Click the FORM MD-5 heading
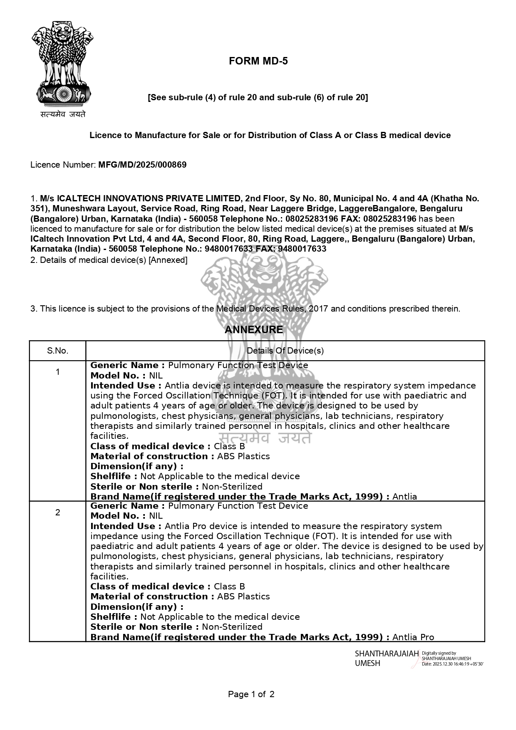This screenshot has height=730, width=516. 258,61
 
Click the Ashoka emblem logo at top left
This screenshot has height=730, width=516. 62,62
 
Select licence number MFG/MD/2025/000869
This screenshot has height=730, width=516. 142,165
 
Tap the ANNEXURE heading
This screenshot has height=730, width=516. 253,330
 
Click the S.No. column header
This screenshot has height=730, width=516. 57,351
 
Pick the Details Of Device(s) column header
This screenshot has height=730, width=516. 285,351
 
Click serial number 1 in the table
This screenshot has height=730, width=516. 57,372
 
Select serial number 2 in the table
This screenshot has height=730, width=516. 57,512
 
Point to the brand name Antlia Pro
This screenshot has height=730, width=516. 413,637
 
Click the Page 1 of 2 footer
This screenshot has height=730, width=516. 251,694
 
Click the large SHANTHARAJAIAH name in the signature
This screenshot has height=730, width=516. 387,654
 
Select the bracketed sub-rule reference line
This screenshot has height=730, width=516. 258,97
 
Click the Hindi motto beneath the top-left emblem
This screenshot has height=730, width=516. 63,114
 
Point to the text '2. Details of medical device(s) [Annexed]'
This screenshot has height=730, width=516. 109,260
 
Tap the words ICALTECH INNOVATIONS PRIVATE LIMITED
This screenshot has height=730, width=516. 149,198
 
